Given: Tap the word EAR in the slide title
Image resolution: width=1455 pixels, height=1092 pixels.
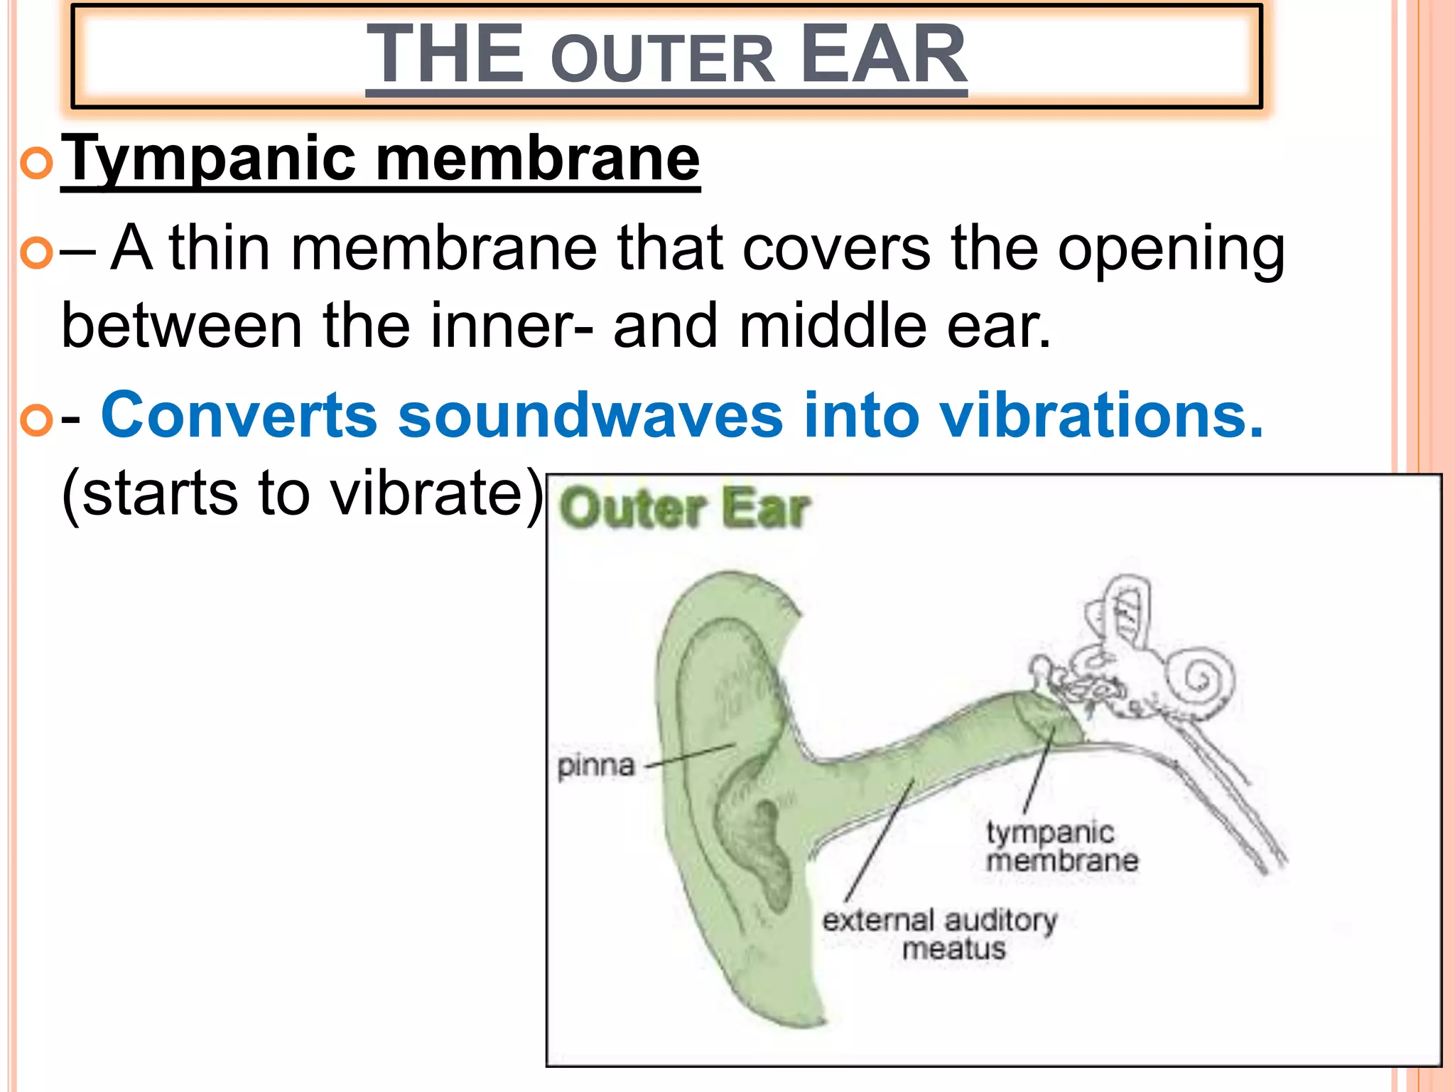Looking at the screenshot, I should [882, 54].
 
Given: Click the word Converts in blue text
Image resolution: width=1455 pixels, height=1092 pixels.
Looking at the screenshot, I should [239, 415].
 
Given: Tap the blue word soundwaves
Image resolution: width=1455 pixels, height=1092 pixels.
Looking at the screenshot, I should [590, 415].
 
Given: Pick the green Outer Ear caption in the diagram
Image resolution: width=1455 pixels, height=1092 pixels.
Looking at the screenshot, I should [684, 509].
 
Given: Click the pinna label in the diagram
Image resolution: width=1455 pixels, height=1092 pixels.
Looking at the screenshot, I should [595, 766].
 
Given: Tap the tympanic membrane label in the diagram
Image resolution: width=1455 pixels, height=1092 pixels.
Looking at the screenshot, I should [1061, 846].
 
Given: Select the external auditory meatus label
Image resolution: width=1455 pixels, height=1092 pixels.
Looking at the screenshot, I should [940, 933].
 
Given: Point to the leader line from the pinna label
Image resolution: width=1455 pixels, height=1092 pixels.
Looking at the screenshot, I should [689, 756].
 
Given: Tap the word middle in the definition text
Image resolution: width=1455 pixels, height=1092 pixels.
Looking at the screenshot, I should [833, 326].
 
